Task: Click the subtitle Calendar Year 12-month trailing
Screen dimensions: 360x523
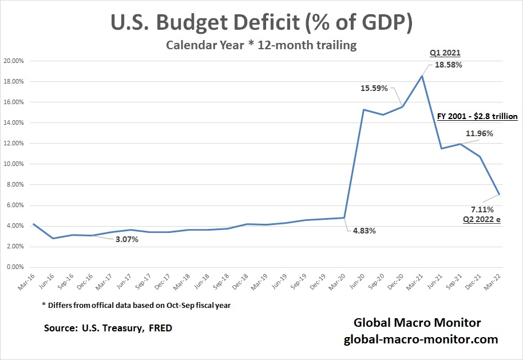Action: coord(261,45)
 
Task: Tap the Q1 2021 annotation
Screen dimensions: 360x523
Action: coord(445,53)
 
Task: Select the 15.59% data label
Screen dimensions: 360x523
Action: coord(374,89)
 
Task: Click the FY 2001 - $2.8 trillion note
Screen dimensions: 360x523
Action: coord(474,116)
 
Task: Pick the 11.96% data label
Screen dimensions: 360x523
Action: coord(478,133)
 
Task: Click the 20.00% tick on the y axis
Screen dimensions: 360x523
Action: coord(13,61)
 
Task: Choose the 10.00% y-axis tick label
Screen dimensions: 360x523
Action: coord(13,164)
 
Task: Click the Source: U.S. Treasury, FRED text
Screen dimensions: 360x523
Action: coord(108,329)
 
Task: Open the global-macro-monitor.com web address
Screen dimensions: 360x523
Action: coord(421,339)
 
